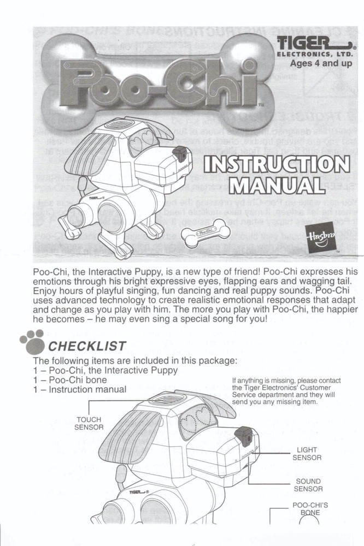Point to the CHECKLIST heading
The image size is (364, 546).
[x=87, y=346]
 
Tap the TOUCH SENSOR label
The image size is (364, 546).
[x=89, y=424]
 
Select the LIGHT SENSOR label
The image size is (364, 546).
[x=307, y=454]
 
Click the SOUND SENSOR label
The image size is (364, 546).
[x=308, y=485]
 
